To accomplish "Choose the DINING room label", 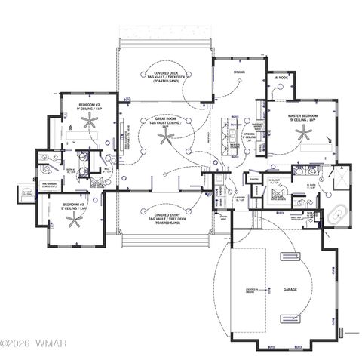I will pyautogui.click(x=238, y=73).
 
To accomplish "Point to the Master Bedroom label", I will pyautogui.click(x=301, y=117).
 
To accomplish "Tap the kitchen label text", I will pyautogui.click(x=248, y=137).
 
